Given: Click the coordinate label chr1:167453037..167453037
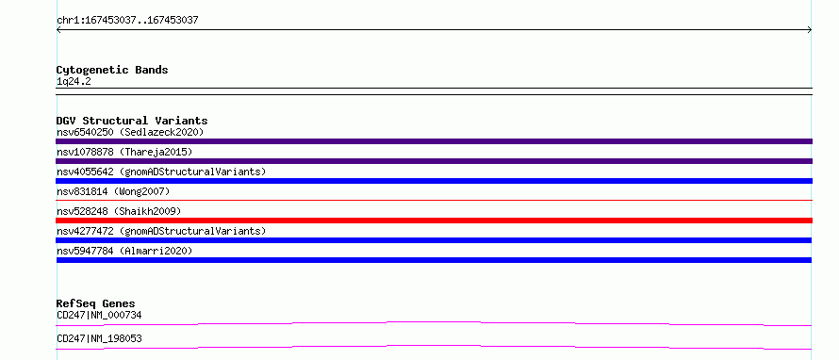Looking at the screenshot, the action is pyautogui.click(x=127, y=21).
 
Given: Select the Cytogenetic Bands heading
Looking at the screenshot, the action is pyautogui.click(x=112, y=70).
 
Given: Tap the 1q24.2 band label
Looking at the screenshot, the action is pyautogui.click(x=74, y=81).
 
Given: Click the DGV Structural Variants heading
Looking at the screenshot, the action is pyautogui.click(x=132, y=121).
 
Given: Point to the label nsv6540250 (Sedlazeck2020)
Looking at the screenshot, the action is pyautogui.click(x=130, y=132).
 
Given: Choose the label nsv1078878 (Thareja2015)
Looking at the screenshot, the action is pyautogui.click(x=124, y=152).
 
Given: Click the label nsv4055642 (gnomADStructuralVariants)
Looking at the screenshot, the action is pyautogui.click(x=161, y=172).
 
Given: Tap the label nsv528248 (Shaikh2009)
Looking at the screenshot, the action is pyautogui.click(x=118, y=211).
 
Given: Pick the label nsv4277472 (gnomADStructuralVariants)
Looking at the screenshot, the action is pyautogui.click(x=161, y=231).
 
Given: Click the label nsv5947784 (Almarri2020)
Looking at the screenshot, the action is pyautogui.click(x=124, y=251).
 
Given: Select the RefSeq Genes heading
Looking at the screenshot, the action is pyautogui.click(x=96, y=303).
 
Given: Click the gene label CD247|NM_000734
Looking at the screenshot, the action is pyautogui.click(x=99, y=315).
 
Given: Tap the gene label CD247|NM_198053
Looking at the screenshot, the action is pyautogui.click(x=99, y=338).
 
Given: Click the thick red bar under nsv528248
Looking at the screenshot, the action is pyautogui.click(x=434, y=221).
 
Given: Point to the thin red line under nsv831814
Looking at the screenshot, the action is pyautogui.click(x=434, y=200).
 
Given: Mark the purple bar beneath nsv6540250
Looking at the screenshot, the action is pyautogui.click(x=434, y=141).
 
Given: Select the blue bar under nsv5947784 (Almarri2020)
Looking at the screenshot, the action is pyautogui.click(x=434, y=260).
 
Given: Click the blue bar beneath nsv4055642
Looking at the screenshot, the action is pyautogui.click(x=434, y=181).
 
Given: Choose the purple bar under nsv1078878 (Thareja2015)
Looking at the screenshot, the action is pyautogui.click(x=434, y=161).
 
